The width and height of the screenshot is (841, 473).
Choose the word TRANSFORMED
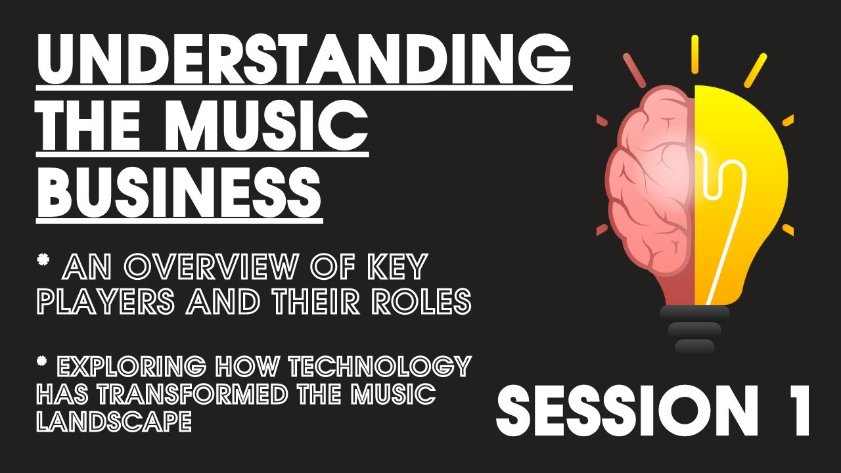pyautogui.click(x=221, y=394)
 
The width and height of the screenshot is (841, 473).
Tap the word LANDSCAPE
pyautogui.click(x=114, y=422)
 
